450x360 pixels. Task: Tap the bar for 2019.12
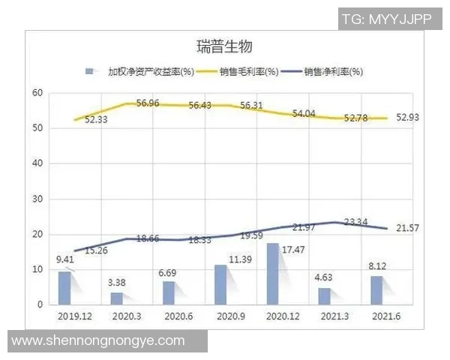point(66,287)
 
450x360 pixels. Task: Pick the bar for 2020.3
point(117,298)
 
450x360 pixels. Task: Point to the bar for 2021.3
point(324,295)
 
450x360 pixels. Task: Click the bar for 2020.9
point(220,284)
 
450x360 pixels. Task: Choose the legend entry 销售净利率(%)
point(333,72)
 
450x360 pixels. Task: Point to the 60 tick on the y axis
point(36,93)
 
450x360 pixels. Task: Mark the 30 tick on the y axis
point(36,199)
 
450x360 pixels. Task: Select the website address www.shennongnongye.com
point(98,341)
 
